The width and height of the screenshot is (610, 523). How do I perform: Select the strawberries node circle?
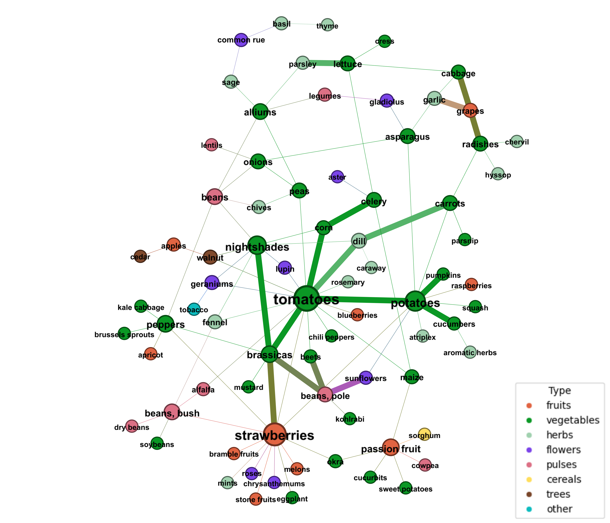click(275, 434)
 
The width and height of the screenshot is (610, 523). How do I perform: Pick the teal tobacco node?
click(194, 309)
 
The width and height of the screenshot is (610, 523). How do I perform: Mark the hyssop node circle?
click(498, 174)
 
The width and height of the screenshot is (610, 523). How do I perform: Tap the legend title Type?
click(559, 391)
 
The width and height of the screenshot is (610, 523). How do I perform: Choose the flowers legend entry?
click(563, 450)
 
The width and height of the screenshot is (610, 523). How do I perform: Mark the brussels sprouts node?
click(124, 333)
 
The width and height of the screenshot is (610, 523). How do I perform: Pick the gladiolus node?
click(387, 101)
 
